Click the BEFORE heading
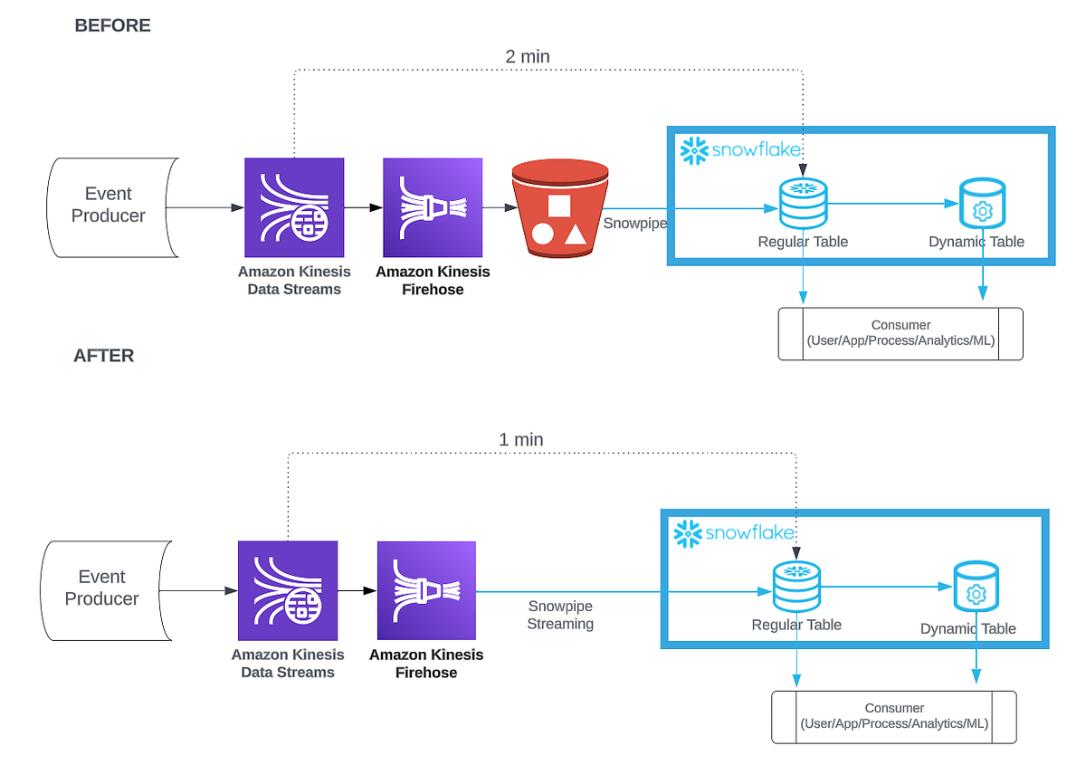(112, 26)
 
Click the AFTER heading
(103, 356)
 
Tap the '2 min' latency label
(527, 56)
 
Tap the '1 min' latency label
(520, 440)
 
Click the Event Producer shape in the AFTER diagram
(101, 588)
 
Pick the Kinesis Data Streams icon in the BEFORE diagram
(294, 207)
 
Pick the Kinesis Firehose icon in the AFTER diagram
(426, 591)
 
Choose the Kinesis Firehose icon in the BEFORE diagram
(433, 207)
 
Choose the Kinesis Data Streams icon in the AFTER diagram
(288, 591)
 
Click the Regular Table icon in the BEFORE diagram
(803, 204)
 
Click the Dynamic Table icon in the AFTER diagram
(976, 588)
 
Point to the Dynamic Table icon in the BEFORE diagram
(981, 205)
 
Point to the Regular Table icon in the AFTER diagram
(796, 587)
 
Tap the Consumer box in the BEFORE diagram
(900, 334)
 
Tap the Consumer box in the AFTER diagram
(894, 717)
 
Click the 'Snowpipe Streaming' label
(560, 615)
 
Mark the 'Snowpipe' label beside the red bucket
(634, 223)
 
